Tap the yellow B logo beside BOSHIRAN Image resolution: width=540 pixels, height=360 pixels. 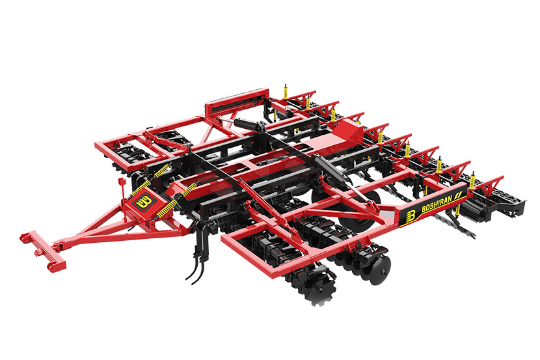click(410, 216)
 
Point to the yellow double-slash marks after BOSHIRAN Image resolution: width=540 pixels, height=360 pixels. click(458, 197)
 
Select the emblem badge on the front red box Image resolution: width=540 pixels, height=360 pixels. click(142, 202)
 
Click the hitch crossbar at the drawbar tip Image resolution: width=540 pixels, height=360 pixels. click(43, 250)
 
